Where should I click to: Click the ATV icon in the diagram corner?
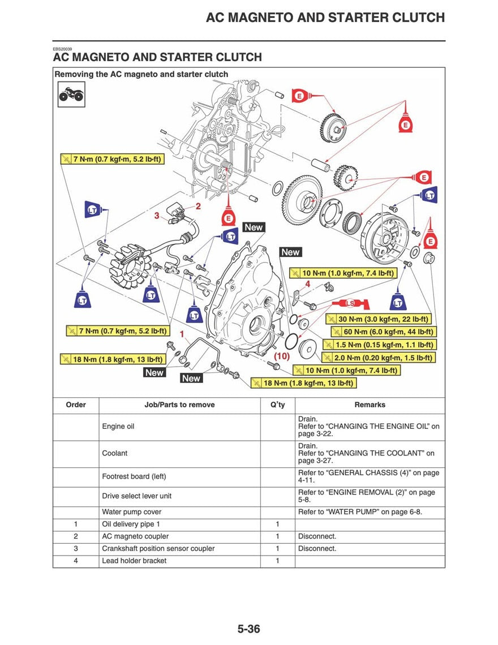point(71,94)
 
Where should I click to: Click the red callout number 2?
point(198,207)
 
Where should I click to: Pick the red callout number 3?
point(157,216)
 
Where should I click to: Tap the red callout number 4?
point(307,283)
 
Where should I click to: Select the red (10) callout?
point(282,356)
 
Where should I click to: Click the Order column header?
point(76,405)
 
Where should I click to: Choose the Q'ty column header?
point(277,405)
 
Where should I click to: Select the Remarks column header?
point(370,405)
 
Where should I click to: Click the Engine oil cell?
point(118,427)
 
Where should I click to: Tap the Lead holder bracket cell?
point(134,561)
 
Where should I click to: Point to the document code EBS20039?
point(62,49)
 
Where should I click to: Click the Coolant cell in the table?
point(115,453)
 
